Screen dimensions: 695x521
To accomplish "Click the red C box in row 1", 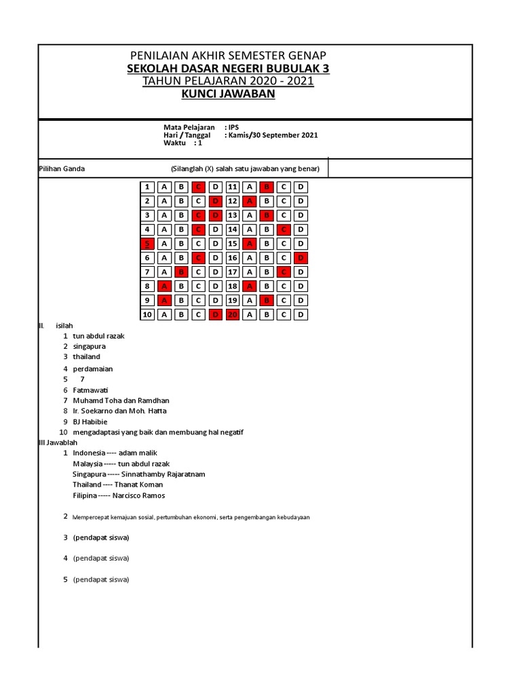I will point(198,187).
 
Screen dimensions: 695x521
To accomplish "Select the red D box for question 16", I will point(301,258).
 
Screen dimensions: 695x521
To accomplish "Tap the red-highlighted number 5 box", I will point(147,244).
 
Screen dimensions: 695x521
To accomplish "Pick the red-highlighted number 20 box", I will point(233,314).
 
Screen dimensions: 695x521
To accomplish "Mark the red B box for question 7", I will point(181,272).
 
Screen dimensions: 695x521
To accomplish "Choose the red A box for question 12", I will point(250,201).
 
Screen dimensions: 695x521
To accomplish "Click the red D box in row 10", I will point(215,314).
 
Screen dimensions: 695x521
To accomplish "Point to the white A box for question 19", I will point(250,300).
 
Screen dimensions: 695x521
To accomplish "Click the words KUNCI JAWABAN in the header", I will point(228,94).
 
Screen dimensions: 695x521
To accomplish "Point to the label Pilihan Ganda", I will point(62,168).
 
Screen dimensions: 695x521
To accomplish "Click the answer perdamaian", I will point(93,369).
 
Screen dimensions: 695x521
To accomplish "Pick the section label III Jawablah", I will point(58,442).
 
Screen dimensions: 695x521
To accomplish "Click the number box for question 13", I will point(233,215).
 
